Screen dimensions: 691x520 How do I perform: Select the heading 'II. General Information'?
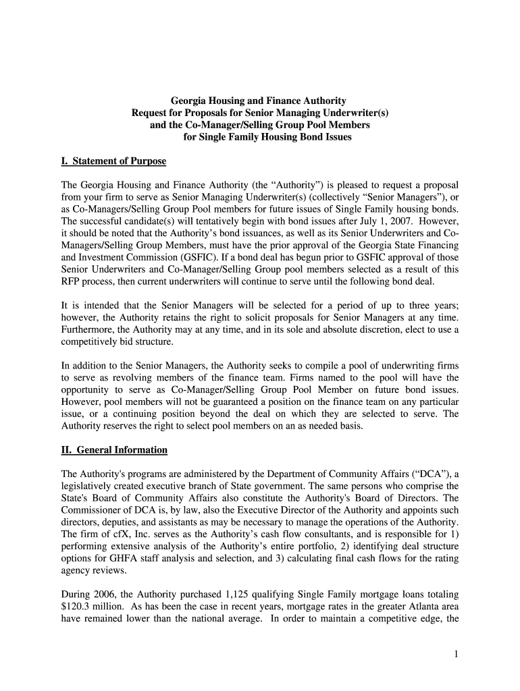(114, 449)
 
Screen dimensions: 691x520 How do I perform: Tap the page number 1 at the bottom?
(456, 655)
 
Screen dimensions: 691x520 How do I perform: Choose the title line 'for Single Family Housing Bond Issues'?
(268, 138)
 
